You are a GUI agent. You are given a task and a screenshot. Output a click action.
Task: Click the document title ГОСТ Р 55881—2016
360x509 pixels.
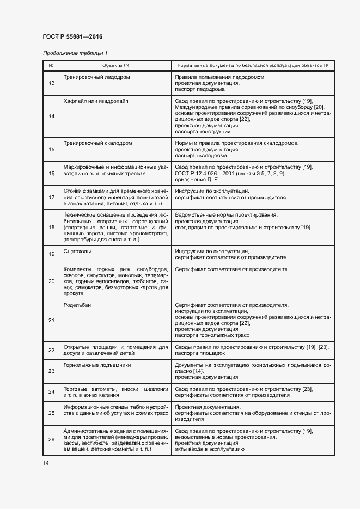point(72,36)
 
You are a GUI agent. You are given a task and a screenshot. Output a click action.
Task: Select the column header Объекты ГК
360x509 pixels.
point(115,66)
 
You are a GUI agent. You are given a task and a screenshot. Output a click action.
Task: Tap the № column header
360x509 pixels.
point(51,66)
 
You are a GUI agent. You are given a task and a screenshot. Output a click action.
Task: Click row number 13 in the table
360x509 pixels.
point(52,83)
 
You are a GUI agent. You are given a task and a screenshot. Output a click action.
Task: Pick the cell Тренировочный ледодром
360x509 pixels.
point(96,77)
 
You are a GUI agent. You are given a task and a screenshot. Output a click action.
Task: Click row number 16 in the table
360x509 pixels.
point(52,173)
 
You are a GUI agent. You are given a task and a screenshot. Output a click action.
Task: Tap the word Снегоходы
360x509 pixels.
point(77,252)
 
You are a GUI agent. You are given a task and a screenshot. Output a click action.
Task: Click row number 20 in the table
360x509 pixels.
point(52,281)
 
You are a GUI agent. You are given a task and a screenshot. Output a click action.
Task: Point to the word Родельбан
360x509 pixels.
point(77,305)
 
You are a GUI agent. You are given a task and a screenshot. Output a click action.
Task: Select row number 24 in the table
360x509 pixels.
point(52,392)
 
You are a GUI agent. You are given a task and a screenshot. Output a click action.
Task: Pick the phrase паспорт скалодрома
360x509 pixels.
point(202,156)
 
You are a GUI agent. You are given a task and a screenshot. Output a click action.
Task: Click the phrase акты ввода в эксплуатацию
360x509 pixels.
point(209,449)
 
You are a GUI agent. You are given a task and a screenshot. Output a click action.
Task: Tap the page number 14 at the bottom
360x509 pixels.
point(46,463)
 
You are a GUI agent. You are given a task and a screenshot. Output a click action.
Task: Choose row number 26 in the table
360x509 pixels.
point(52,440)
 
